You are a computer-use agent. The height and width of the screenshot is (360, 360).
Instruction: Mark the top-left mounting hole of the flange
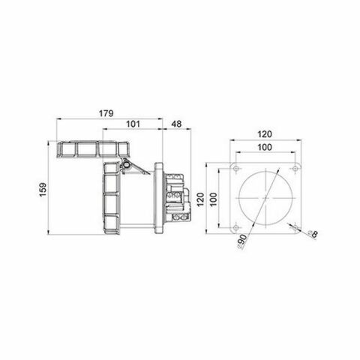pos(236,168)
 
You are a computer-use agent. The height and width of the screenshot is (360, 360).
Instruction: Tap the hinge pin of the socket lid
pos(125,163)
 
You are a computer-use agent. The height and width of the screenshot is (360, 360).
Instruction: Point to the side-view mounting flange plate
pos(160,196)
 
